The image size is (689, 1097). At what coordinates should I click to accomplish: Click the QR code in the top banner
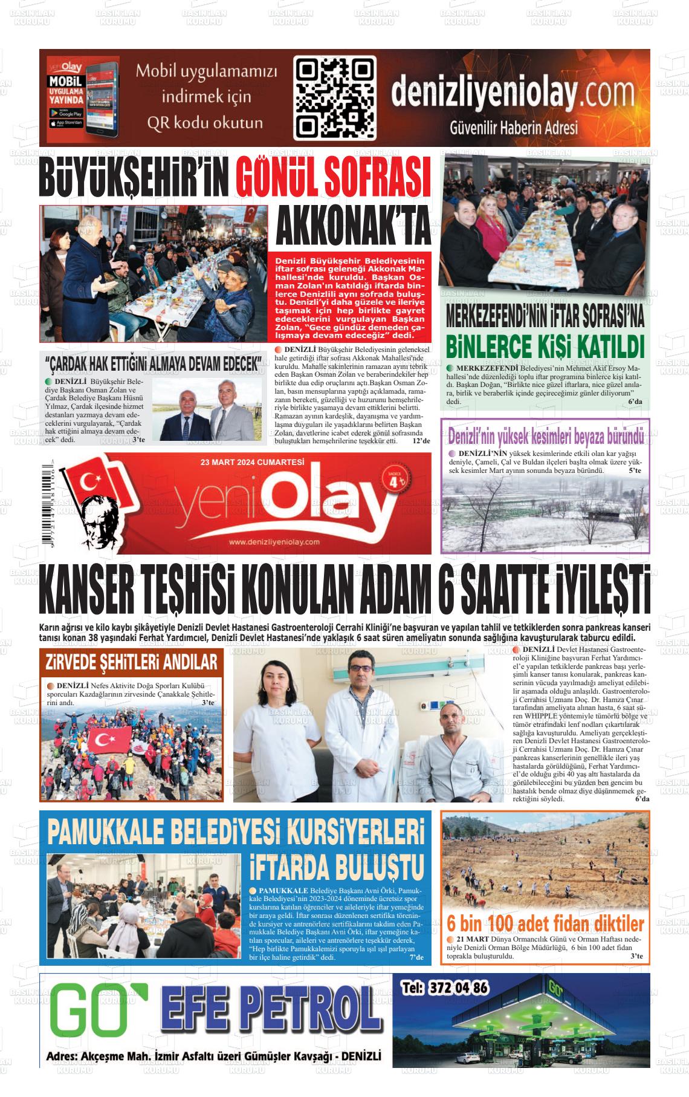pyautogui.click(x=335, y=97)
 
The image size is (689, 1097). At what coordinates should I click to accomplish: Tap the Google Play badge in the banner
pyautogui.click(x=66, y=113)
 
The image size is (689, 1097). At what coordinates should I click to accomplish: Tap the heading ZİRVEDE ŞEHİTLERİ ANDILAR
pyautogui.click(x=131, y=663)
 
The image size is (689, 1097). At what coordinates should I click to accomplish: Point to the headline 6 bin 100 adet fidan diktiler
pyautogui.click(x=545, y=924)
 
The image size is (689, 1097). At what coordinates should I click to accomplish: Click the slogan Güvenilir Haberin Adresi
pyautogui.click(x=514, y=128)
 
